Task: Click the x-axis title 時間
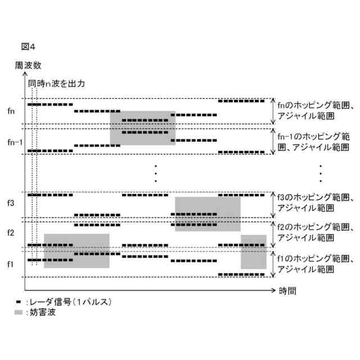click(287, 291)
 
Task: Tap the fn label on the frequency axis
click(12, 111)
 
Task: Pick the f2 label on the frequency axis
click(12, 232)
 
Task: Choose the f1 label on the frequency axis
click(12, 263)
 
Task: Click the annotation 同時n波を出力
click(57, 83)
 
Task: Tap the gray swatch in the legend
click(19, 312)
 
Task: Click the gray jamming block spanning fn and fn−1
click(142, 128)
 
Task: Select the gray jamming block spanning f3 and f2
click(208, 214)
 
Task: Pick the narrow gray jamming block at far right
click(253, 251)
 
